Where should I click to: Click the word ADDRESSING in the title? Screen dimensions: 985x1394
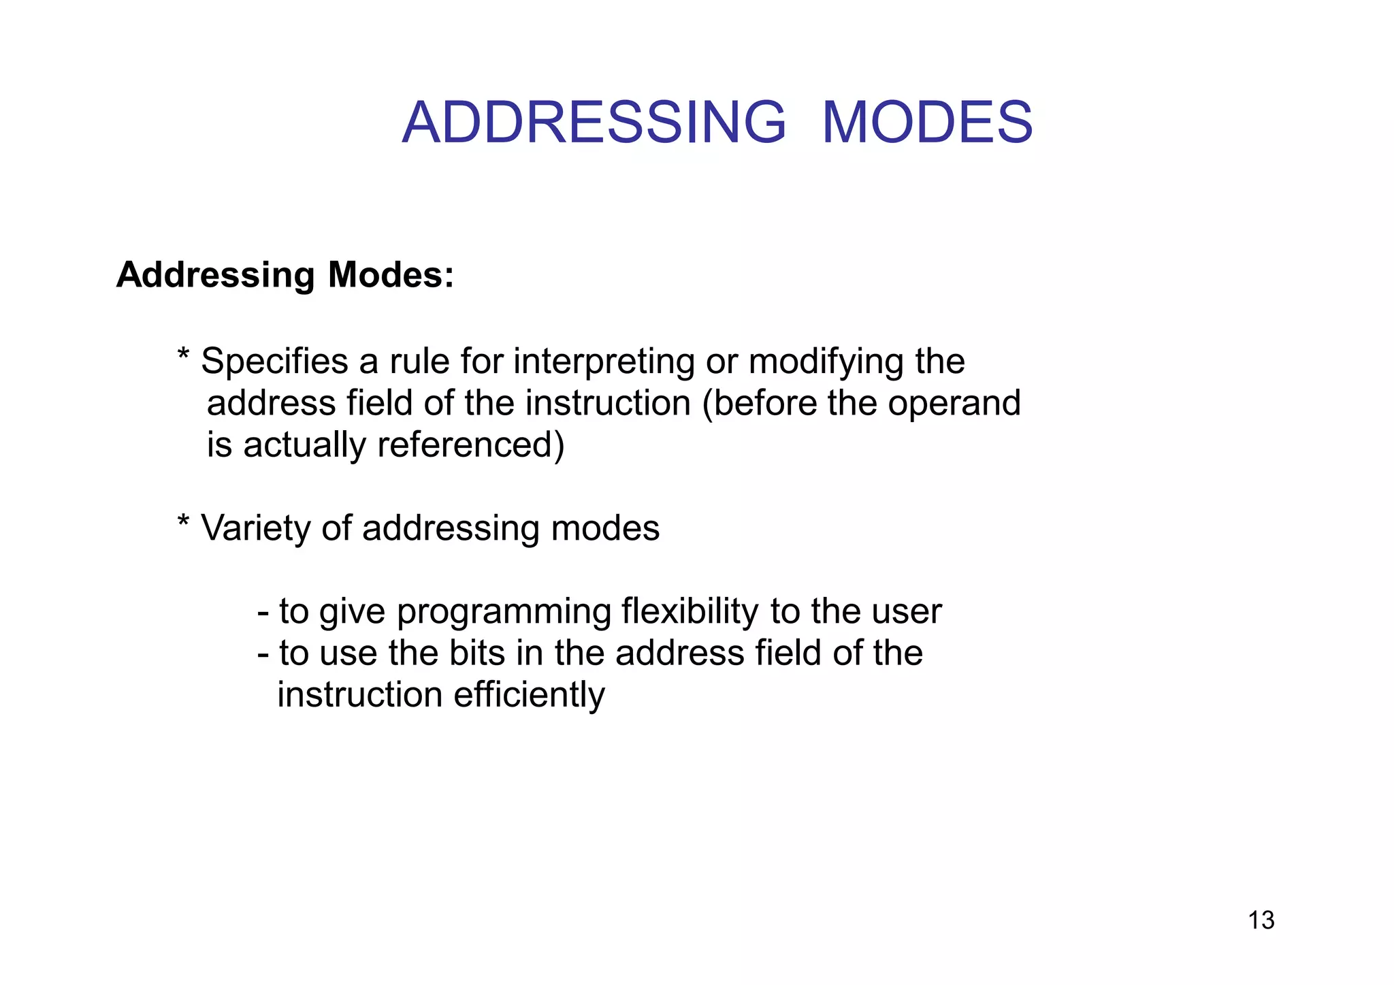tap(594, 123)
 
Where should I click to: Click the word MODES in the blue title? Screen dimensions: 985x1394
tap(927, 123)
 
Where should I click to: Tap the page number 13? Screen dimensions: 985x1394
tap(1261, 920)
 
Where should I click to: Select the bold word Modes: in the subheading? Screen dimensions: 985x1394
tap(391, 276)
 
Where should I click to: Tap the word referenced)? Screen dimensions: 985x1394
tap(470, 445)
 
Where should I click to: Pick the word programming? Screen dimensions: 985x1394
tap(504, 612)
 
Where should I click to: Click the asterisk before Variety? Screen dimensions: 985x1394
tap(183, 523)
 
